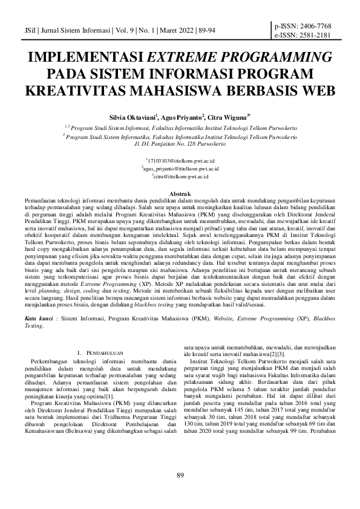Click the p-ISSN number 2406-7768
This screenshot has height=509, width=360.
point(312,26)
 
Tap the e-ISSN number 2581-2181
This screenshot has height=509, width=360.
point(312,35)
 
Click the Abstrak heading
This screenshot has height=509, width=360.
point(180,193)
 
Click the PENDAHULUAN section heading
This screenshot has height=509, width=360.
point(106,352)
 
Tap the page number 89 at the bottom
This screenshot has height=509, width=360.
point(180,493)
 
